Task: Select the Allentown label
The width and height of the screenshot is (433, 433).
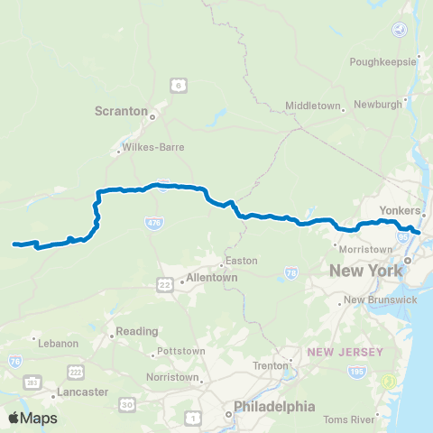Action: [211, 278]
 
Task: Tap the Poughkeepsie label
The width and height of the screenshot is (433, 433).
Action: [383, 61]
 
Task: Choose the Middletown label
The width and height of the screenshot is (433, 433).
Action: [312, 106]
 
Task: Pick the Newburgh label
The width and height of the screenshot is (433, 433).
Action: [379, 106]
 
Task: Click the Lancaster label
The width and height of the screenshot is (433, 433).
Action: [82, 392]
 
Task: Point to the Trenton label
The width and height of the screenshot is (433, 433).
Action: [270, 365]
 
